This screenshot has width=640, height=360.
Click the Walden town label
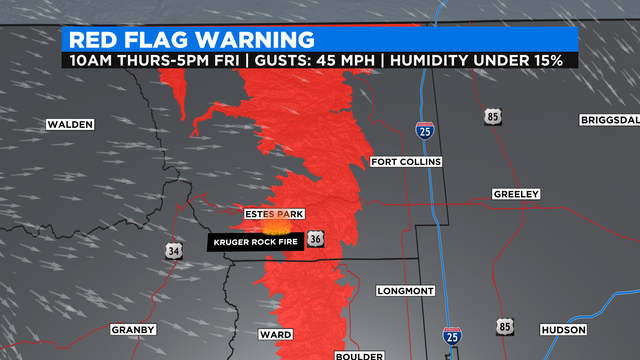69,125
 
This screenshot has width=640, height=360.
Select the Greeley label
516,193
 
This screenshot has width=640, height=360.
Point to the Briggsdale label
608,120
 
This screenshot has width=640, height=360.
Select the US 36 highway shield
316,240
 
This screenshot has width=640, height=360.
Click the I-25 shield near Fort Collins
424,129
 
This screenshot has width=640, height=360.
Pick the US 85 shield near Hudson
502,326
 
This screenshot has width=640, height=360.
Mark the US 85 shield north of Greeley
494,117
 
